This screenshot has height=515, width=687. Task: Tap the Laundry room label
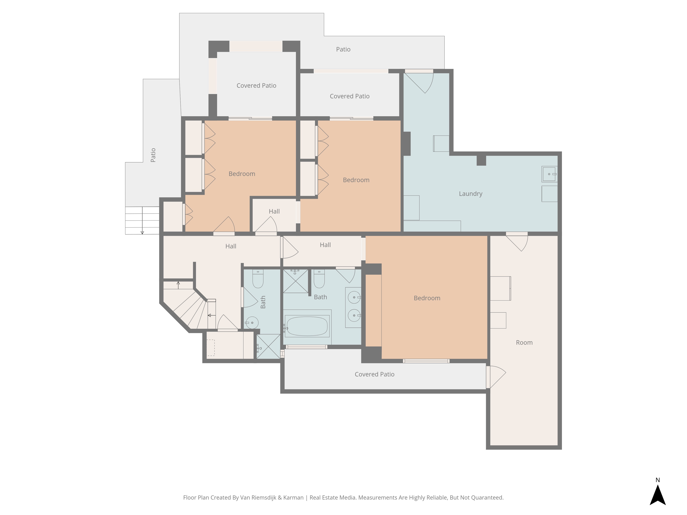[471, 194]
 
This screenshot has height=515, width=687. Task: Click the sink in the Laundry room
[549, 174]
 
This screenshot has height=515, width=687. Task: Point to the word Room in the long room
[524, 343]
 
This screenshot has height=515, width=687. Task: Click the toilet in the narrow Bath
[258, 279]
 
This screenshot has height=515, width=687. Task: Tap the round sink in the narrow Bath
[252, 323]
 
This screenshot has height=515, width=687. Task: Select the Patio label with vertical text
[153, 155]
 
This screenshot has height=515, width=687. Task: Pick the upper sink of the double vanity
[354, 297]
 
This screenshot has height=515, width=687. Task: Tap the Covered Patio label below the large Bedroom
[375, 374]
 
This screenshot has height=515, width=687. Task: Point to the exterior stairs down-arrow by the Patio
[142, 220]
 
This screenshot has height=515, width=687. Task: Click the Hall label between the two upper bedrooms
[274, 211]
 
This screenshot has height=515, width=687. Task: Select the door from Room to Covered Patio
[496, 377]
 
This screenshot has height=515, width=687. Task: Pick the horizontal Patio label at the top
[343, 49]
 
